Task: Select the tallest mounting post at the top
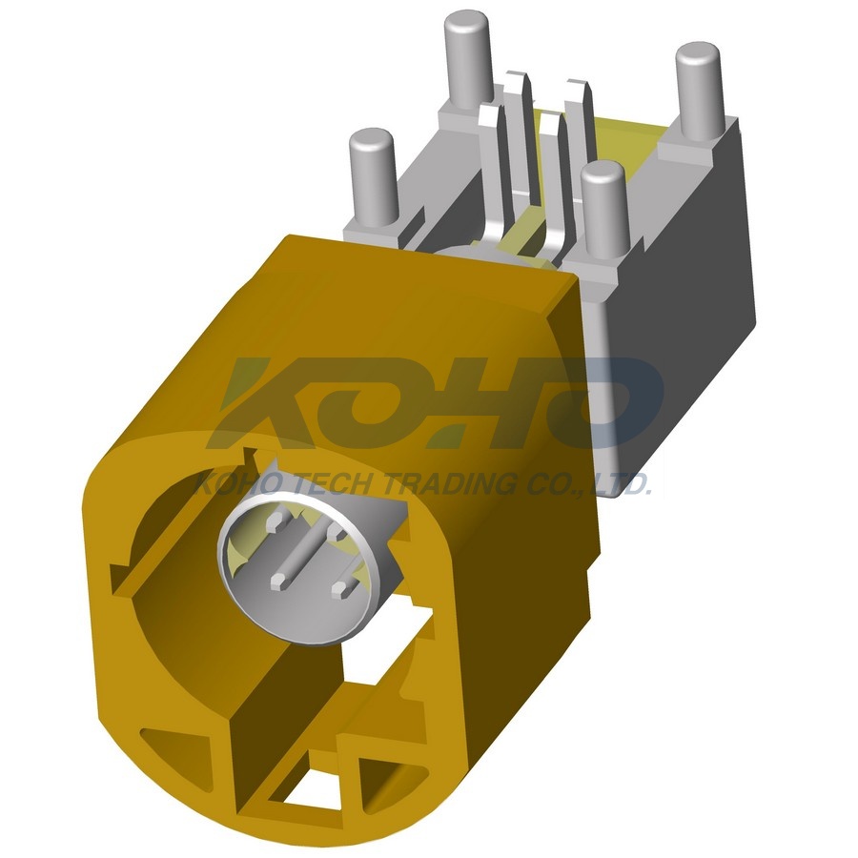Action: [x=467, y=59]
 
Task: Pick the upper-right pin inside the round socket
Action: [x=336, y=530]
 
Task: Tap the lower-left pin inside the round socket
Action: [x=279, y=581]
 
